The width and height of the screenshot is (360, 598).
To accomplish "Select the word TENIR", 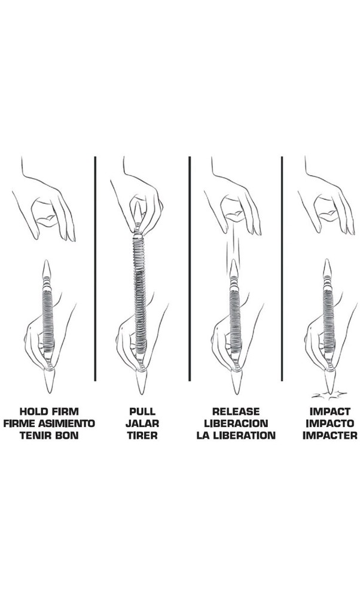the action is [x=32, y=435].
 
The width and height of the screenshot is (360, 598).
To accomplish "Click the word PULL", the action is [x=142, y=411].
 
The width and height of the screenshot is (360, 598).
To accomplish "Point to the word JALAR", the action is [x=142, y=423].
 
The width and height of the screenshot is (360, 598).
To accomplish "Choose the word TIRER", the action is [x=142, y=435].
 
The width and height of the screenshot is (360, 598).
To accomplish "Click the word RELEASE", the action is [x=236, y=411].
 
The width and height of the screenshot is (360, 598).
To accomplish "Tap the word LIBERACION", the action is [x=236, y=423].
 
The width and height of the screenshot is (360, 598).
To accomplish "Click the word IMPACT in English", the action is [x=330, y=411].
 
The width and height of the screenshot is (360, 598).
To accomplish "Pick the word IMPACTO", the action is [x=330, y=423].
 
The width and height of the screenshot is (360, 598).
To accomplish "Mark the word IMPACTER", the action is [x=330, y=435].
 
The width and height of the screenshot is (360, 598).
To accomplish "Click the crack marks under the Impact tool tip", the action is [x=330, y=395].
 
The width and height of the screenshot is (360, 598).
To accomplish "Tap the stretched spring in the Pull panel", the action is [x=139, y=294].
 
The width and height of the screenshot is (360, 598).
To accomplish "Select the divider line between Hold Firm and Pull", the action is [x=95, y=269].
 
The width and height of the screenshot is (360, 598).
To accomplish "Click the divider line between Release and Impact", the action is [x=282, y=269].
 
